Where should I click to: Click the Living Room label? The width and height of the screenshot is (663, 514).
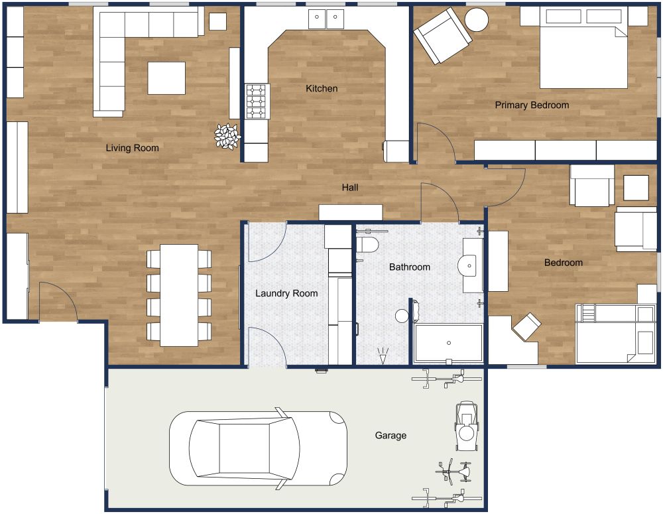tap(132, 148)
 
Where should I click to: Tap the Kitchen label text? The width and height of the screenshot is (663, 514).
tap(322, 88)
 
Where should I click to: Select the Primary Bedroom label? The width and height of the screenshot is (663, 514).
tap(532, 105)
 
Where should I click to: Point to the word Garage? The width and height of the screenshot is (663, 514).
tap(391, 436)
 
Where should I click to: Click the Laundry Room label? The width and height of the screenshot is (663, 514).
tap(286, 293)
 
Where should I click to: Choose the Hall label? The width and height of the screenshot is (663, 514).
tap(350, 188)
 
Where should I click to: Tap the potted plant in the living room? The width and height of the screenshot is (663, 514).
tap(227, 136)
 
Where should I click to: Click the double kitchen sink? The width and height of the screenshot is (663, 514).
tap(326, 19)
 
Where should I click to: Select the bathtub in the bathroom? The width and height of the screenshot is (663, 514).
tap(448, 343)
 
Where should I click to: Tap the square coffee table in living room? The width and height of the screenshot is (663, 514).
tap(166, 78)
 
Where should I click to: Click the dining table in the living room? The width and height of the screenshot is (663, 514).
tap(179, 295)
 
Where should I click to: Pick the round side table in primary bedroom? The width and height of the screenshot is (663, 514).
tap(476, 20)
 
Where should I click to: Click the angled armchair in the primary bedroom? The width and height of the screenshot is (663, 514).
tap(442, 36)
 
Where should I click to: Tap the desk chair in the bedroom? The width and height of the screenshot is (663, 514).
tap(527, 326)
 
